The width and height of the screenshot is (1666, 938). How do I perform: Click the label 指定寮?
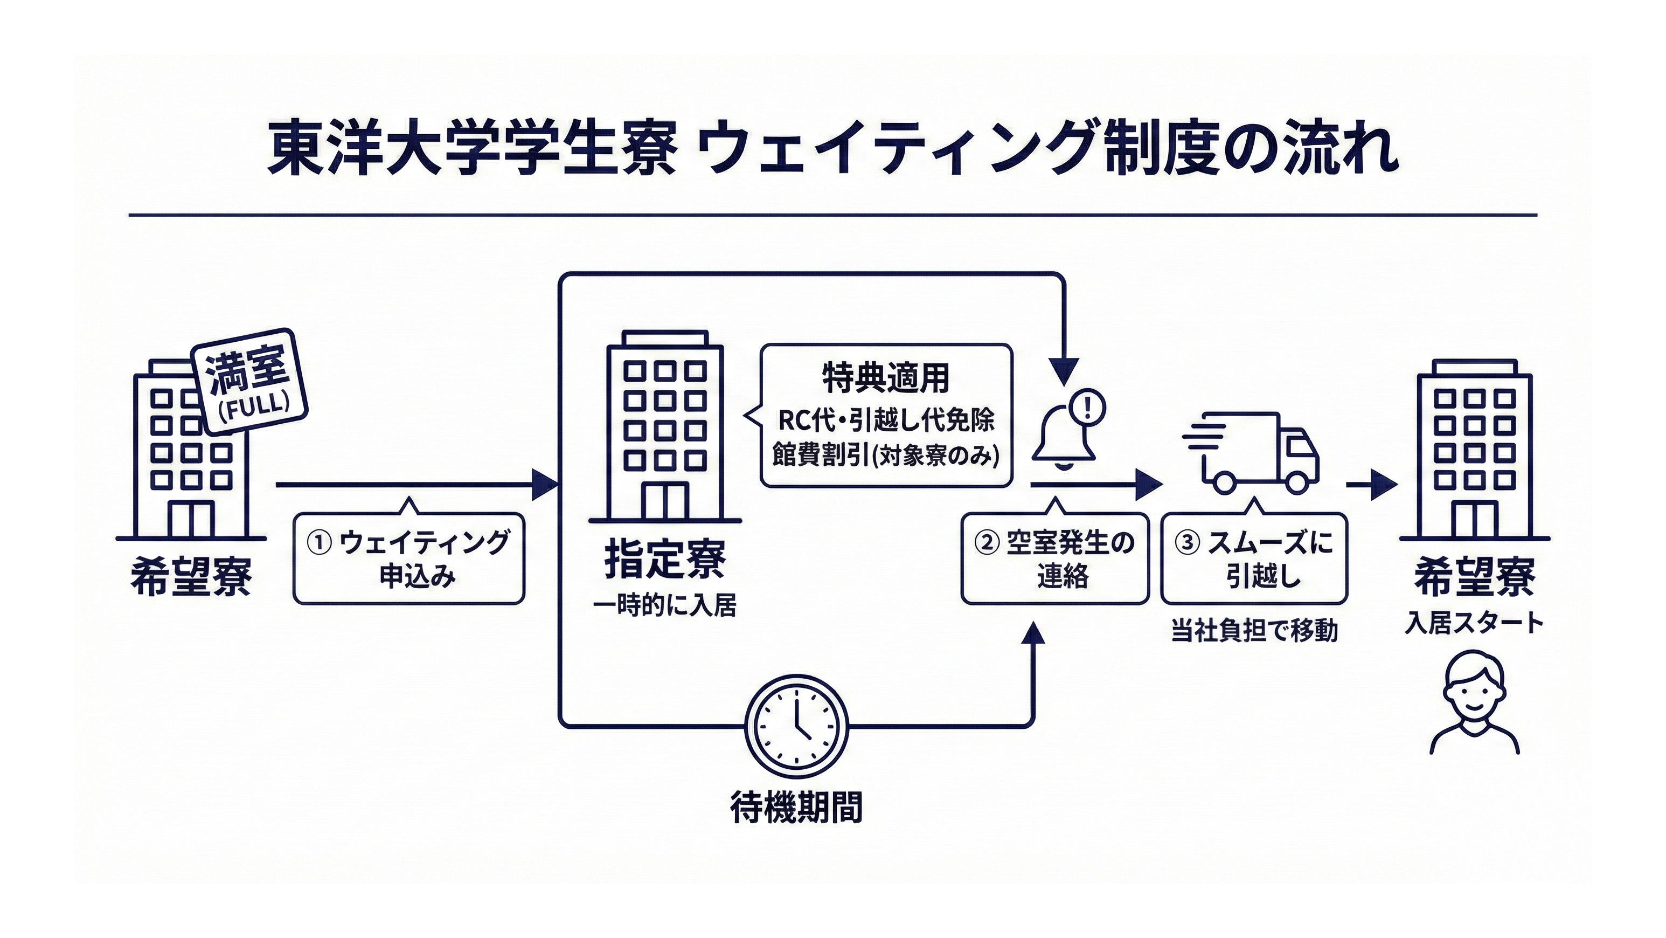tap(665, 560)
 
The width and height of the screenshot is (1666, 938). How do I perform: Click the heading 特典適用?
tap(885, 378)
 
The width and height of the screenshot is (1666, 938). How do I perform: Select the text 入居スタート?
tap(1474, 623)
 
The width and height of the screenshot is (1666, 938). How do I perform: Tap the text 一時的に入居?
tap(665, 607)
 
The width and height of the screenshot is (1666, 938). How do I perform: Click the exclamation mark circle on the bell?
tap(1087, 407)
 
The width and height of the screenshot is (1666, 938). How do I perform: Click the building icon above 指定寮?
tap(665, 427)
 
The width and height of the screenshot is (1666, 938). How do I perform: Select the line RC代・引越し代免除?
tap(885, 421)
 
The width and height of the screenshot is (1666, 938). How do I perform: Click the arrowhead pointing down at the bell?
tap(1063, 373)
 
